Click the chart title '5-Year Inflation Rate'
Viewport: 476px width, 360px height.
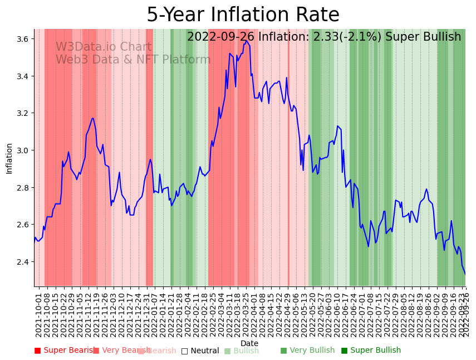pyautogui.click(x=243, y=15)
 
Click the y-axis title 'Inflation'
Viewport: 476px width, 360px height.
pyautogui.click(x=9, y=158)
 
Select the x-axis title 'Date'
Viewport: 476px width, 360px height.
pyautogui.click(x=249, y=343)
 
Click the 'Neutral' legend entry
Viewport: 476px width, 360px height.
pyautogui.click(x=200, y=351)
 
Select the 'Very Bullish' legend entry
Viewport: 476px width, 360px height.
pyautogui.click(x=307, y=351)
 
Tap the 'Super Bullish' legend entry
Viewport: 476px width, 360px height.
pyautogui.click(x=370, y=351)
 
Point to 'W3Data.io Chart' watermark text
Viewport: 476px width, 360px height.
pyautogui.click(x=103, y=47)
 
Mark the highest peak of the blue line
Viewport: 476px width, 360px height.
pyautogui.click(x=246, y=40)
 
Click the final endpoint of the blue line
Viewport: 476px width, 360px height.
pyautogui.click(x=465, y=274)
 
